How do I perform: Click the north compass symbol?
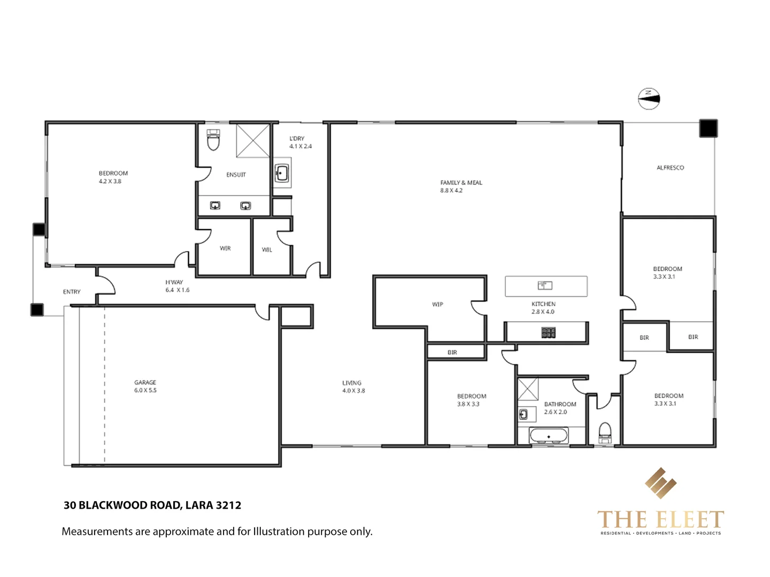point(649,98)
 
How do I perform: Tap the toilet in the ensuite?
point(213,141)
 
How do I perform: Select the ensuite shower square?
point(253,141)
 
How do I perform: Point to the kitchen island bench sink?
point(544,285)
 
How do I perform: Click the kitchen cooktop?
point(548,333)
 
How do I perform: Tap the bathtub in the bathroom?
point(549,436)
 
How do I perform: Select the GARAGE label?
point(145,383)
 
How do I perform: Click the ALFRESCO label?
point(670,168)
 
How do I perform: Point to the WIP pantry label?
point(437,305)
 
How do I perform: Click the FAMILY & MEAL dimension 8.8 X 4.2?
point(451,191)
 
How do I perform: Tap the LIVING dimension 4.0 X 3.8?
point(353,391)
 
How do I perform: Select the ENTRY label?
point(72,292)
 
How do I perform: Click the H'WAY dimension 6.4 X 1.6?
point(177,290)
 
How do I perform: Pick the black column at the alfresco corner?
point(708,129)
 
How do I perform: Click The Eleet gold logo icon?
point(660,483)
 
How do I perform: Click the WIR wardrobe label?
point(225,248)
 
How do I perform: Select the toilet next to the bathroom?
point(605,432)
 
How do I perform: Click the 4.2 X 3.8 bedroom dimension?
point(110,182)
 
